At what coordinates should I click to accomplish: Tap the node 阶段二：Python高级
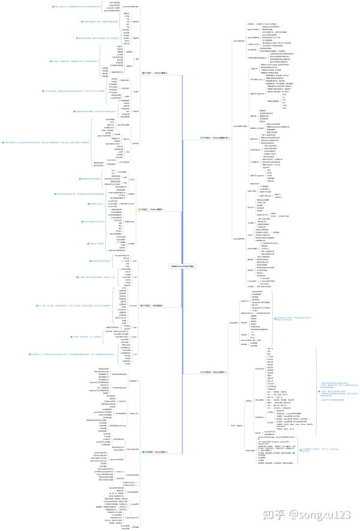(152, 209)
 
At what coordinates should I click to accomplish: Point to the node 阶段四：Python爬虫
(153, 451)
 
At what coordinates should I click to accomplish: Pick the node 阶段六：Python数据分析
(215, 137)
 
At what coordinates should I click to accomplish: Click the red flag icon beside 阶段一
(142, 73)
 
